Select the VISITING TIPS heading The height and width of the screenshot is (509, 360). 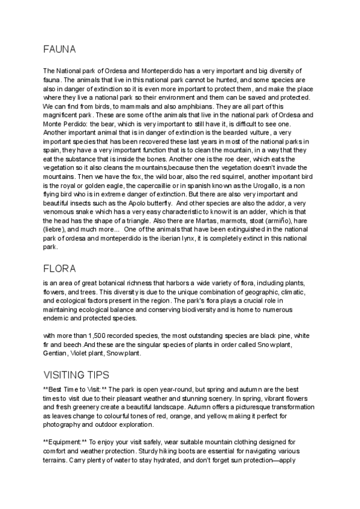[x=76, y=375]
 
